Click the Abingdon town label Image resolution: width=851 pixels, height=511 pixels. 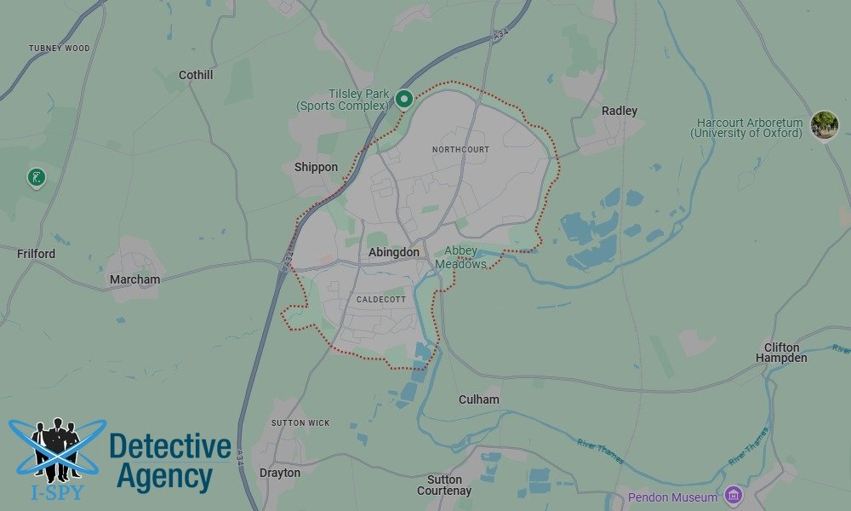(394, 253)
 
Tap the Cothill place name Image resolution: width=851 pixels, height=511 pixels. (196, 76)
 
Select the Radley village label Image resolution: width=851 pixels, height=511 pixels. (620, 112)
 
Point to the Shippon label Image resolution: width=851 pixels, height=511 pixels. (317, 168)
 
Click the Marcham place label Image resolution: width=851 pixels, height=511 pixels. (134, 280)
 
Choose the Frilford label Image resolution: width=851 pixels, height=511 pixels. (36, 254)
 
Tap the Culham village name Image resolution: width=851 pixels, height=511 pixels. (479, 400)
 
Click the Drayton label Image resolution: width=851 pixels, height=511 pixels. (280, 473)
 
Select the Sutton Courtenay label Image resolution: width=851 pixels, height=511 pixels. (444, 485)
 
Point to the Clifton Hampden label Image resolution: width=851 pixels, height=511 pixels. (781, 353)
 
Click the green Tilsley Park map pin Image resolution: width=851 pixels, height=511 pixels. (404, 100)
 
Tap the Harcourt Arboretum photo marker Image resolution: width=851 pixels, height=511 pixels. (824, 125)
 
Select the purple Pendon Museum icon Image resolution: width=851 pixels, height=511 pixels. (734, 496)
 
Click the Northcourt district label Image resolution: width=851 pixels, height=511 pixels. (460, 150)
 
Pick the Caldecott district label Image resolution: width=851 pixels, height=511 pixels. (380, 300)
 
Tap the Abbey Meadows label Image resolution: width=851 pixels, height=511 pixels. (461, 258)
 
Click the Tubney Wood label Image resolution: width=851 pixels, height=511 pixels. (59, 49)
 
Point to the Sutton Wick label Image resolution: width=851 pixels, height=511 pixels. (300, 423)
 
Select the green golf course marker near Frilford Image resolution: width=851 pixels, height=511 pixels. (37, 178)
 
